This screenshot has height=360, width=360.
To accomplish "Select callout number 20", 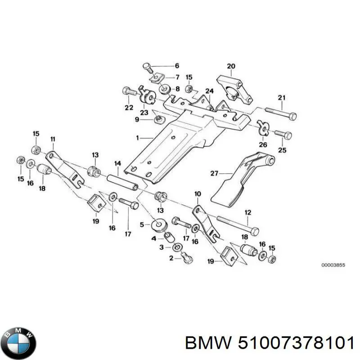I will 231,67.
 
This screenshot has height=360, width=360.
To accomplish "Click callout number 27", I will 214,172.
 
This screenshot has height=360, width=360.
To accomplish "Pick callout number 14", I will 117,163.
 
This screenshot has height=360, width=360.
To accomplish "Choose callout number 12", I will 247,212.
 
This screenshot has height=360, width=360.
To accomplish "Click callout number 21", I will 282,98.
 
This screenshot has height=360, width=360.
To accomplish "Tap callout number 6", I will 177,66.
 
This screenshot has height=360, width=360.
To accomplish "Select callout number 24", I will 209,91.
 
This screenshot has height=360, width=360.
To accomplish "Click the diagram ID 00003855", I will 333,265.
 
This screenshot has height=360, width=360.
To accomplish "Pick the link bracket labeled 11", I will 63,168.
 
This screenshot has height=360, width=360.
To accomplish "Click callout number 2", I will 171,258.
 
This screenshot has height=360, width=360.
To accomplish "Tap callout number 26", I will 263,145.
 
